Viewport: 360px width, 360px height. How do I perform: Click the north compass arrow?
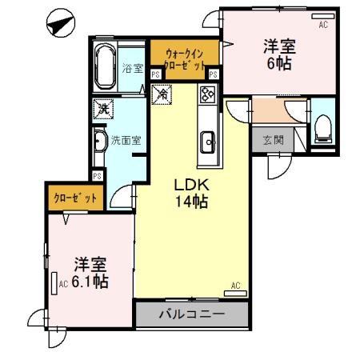pos(58,25)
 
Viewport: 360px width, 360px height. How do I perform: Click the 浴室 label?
pos(133,68)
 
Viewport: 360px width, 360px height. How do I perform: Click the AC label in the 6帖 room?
pos(323,25)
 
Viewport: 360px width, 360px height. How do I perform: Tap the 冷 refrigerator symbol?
pos(161,94)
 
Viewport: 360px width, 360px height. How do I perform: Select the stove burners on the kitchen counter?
pos(207,95)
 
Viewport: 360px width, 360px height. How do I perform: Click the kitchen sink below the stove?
pos(207,142)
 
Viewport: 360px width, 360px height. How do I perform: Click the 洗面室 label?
pos(126,140)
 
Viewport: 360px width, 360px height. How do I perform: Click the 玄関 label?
pos(273,140)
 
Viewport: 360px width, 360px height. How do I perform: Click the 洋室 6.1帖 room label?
pos(90,273)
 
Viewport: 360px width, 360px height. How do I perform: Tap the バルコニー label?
pos(191,314)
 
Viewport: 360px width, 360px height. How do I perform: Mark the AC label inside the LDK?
pos(235,286)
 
